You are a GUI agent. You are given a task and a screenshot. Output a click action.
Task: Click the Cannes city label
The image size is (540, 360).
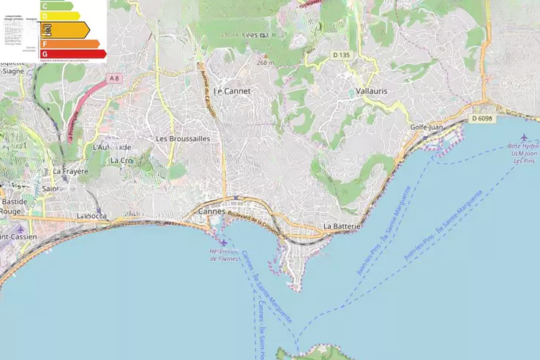tap(212, 211)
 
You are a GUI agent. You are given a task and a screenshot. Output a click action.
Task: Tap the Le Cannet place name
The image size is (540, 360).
tap(232, 91)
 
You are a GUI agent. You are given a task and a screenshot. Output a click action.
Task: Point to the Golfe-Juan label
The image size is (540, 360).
tap(427, 127)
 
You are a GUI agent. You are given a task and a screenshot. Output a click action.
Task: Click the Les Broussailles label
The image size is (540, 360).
tap(183, 138)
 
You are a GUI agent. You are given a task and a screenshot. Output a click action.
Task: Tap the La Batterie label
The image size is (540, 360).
tap(342, 226)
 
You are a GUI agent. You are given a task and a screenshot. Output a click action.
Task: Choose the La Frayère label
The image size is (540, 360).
tap(70, 171)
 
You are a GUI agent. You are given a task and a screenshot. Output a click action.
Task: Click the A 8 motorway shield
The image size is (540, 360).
tap(113, 78)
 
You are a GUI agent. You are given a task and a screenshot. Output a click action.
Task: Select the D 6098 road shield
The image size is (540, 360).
tap(483, 119)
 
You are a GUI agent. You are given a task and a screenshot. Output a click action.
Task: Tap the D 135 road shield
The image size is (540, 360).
tap(342, 55)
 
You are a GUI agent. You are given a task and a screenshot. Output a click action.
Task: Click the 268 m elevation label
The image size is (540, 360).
tap(265, 63)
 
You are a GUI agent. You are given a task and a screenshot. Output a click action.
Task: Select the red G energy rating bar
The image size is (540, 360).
tap(73, 53)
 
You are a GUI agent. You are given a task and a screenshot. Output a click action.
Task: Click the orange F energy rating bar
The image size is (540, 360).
tap(70, 44)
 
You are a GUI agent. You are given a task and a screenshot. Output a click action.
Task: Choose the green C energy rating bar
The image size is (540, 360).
tap(56, 6)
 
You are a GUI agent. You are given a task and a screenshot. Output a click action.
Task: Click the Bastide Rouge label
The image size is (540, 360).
tap(14, 206)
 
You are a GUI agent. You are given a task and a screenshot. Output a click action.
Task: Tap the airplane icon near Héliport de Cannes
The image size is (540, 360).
tap(222, 242)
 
